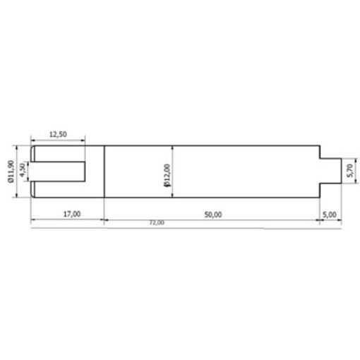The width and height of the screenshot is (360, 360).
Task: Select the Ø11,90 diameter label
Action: pyautogui.click(x=11, y=172)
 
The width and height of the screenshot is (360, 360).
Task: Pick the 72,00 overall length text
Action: pyautogui.click(x=157, y=223)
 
